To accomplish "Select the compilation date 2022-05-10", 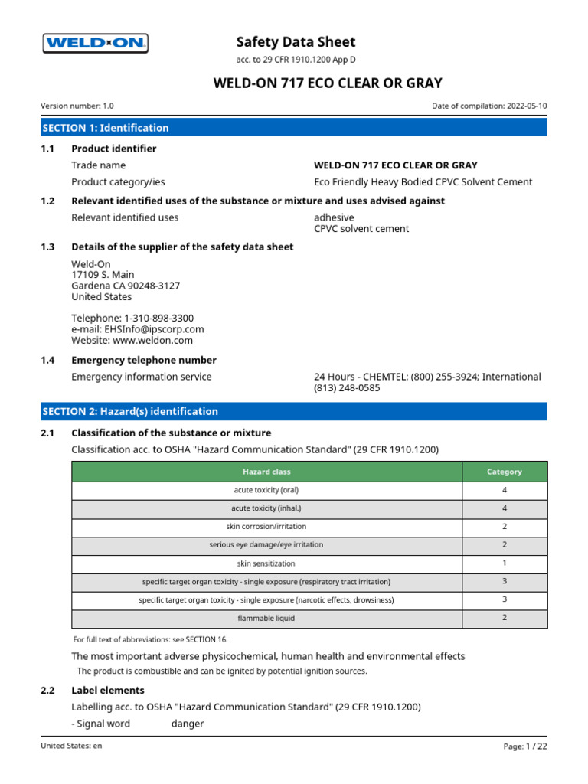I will click(527, 106).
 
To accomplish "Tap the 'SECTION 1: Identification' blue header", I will click(106, 128).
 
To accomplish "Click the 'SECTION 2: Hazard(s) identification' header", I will click(130, 411).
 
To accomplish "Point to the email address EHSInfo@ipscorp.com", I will click(138, 329).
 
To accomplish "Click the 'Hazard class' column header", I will click(266, 472).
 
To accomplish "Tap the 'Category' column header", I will click(505, 472).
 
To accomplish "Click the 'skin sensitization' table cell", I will click(266, 563).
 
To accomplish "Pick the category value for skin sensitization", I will click(505, 563).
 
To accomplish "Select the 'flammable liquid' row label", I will click(266, 618).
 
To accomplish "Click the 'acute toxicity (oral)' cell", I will click(266, 490).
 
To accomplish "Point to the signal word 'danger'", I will click(188, 724).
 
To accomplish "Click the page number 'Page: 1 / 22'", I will click(525, 746).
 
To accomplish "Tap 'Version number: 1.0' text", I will click(77, 106).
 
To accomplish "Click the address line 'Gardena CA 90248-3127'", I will click(126, 286).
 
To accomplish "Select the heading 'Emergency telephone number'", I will click(144, 360).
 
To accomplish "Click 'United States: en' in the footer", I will click(71, 746).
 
